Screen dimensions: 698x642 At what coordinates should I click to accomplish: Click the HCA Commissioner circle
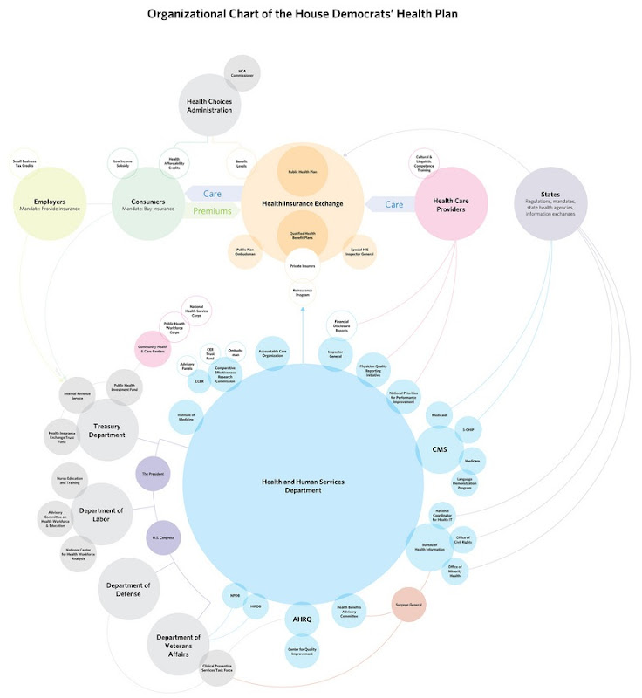tap(242, 72)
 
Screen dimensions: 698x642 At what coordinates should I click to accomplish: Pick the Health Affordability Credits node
tap(174, 162)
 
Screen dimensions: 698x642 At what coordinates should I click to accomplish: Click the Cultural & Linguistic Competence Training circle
tap(424, 163)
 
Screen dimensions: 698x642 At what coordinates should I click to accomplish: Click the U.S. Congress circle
tap(162, 537)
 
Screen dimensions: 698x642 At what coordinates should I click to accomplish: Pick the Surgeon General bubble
tap(408, 604)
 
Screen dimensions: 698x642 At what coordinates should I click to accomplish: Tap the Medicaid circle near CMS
tap(439, 416)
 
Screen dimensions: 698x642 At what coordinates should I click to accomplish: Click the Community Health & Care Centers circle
tap(152, 347)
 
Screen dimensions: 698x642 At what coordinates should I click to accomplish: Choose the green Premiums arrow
tap(209, 211)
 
